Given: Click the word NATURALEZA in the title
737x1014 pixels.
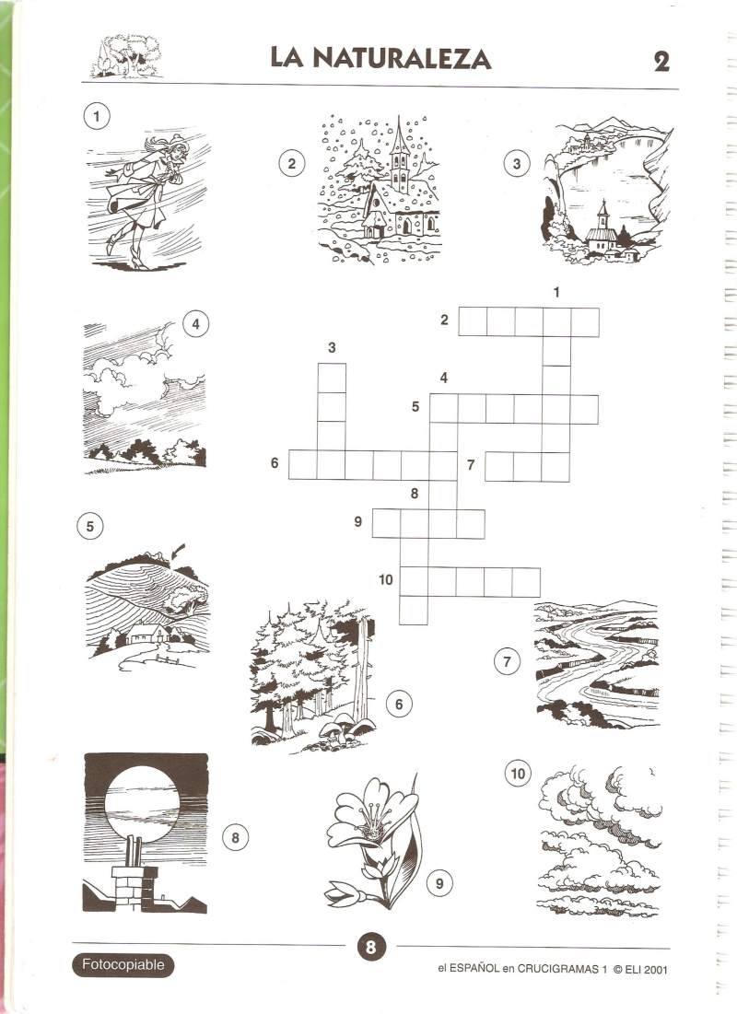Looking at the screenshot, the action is [x=402, y=59].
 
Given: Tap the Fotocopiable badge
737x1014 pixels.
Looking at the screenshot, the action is [x=123, y=965].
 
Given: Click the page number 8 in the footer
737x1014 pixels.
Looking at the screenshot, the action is [x=370, y=948].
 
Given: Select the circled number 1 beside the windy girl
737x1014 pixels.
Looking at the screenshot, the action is [x=97, y=116].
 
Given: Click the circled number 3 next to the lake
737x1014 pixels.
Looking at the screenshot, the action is [x=516, y=164].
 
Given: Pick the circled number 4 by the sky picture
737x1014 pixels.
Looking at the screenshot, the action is [x=196, y=323].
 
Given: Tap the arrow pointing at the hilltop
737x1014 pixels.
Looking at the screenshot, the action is [x=177, y=552].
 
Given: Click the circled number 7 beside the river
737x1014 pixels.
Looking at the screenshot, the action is [x=507, y=661].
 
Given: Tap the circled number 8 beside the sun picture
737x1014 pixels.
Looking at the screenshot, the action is [x=235, y=838].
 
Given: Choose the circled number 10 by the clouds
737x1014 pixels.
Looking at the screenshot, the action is [x=518, y=774].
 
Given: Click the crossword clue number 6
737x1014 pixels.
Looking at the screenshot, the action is [x=275, y=463].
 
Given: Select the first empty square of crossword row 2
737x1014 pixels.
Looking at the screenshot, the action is [x=473, y=322].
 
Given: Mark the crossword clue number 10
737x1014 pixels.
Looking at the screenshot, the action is [x=386, y=579].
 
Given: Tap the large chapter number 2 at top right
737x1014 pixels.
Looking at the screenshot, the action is [x=661, y=62].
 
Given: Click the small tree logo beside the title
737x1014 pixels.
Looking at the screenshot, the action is [x=126, y=57].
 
